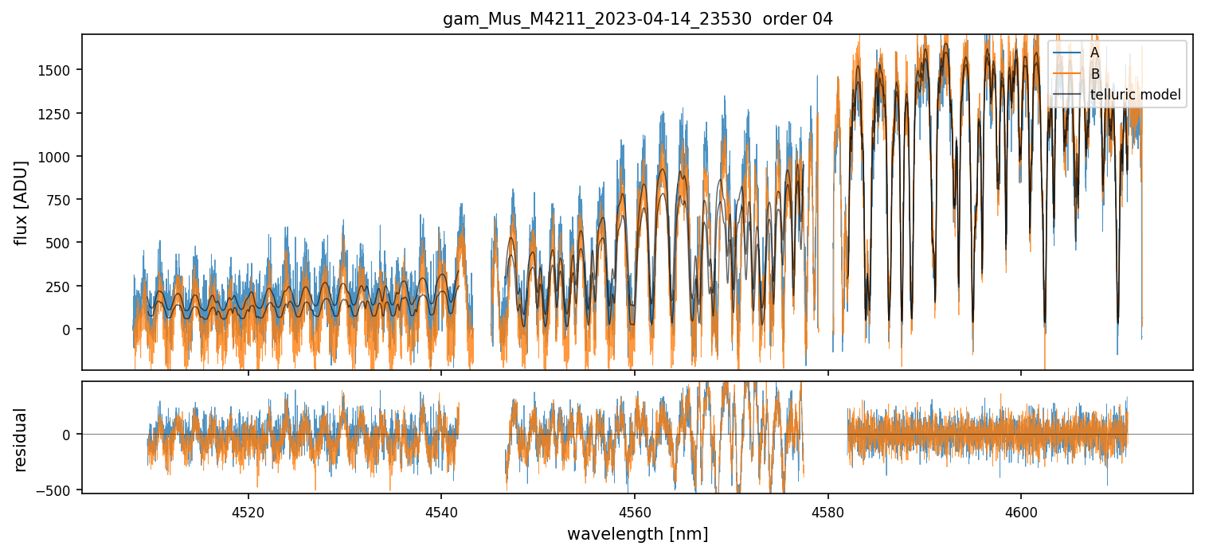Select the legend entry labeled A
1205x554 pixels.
pos(1094,53)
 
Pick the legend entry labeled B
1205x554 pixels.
pos(1094,74)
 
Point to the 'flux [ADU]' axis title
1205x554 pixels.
pos(22,202)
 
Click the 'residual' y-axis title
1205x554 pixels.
pos(22,439)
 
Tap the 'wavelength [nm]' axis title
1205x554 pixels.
pos(637,534)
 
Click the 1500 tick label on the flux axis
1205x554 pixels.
pos(56,70)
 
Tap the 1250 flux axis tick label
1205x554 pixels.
pos(56,113)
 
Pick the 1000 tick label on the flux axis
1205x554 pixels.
pos(56,156)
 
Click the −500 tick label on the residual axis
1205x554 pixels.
pos(57,488)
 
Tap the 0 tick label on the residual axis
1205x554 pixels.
pos(69,435)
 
